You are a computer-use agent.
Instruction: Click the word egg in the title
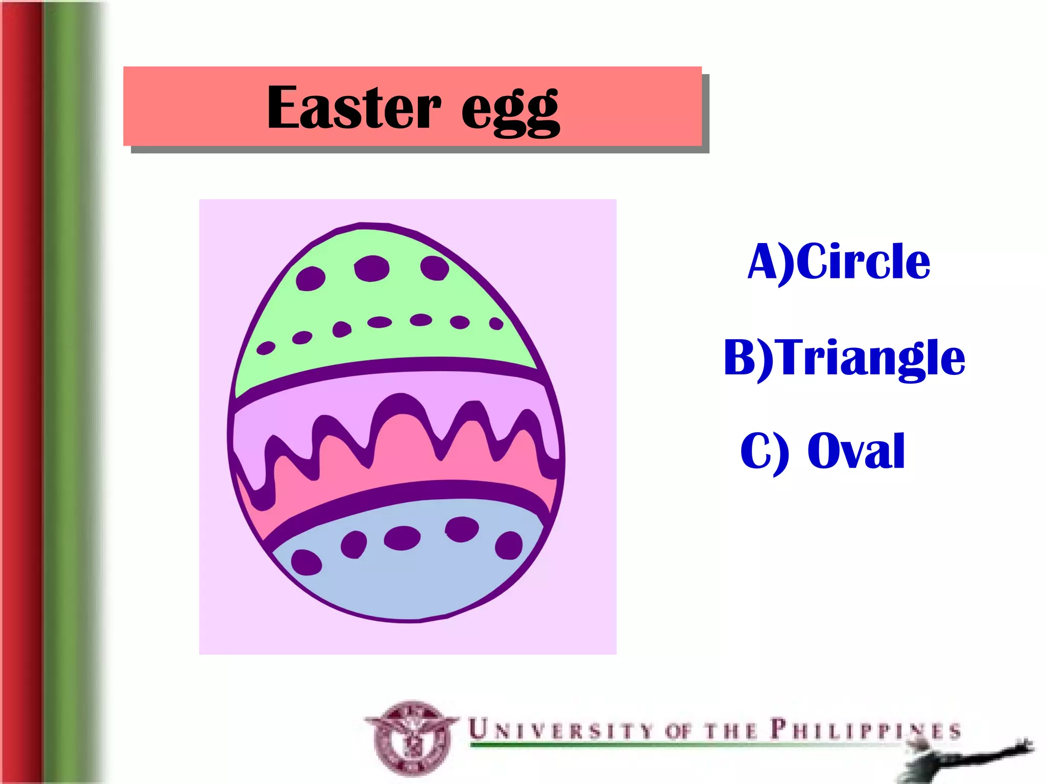[x=510, y=110]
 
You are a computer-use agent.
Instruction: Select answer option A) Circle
[x=839, y=262]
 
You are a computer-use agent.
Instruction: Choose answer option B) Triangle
[x=844, y=358]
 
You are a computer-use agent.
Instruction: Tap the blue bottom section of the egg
[x=409, y=577]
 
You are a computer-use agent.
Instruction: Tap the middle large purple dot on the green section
[x=372, y=268]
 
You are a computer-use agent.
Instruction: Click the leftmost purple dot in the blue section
[x=306, y=562]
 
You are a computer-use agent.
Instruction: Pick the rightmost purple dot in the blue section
[x=509, y=545]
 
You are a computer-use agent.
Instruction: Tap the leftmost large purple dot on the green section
[x=311, y=278]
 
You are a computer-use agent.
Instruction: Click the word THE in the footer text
[x=730, y=730]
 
